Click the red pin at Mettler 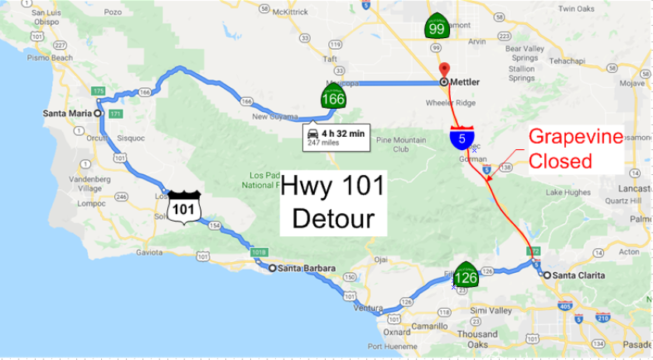443,69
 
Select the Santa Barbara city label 306,268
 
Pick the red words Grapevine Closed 576,149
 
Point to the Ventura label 368,307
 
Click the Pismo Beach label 49,58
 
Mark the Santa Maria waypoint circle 99,113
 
